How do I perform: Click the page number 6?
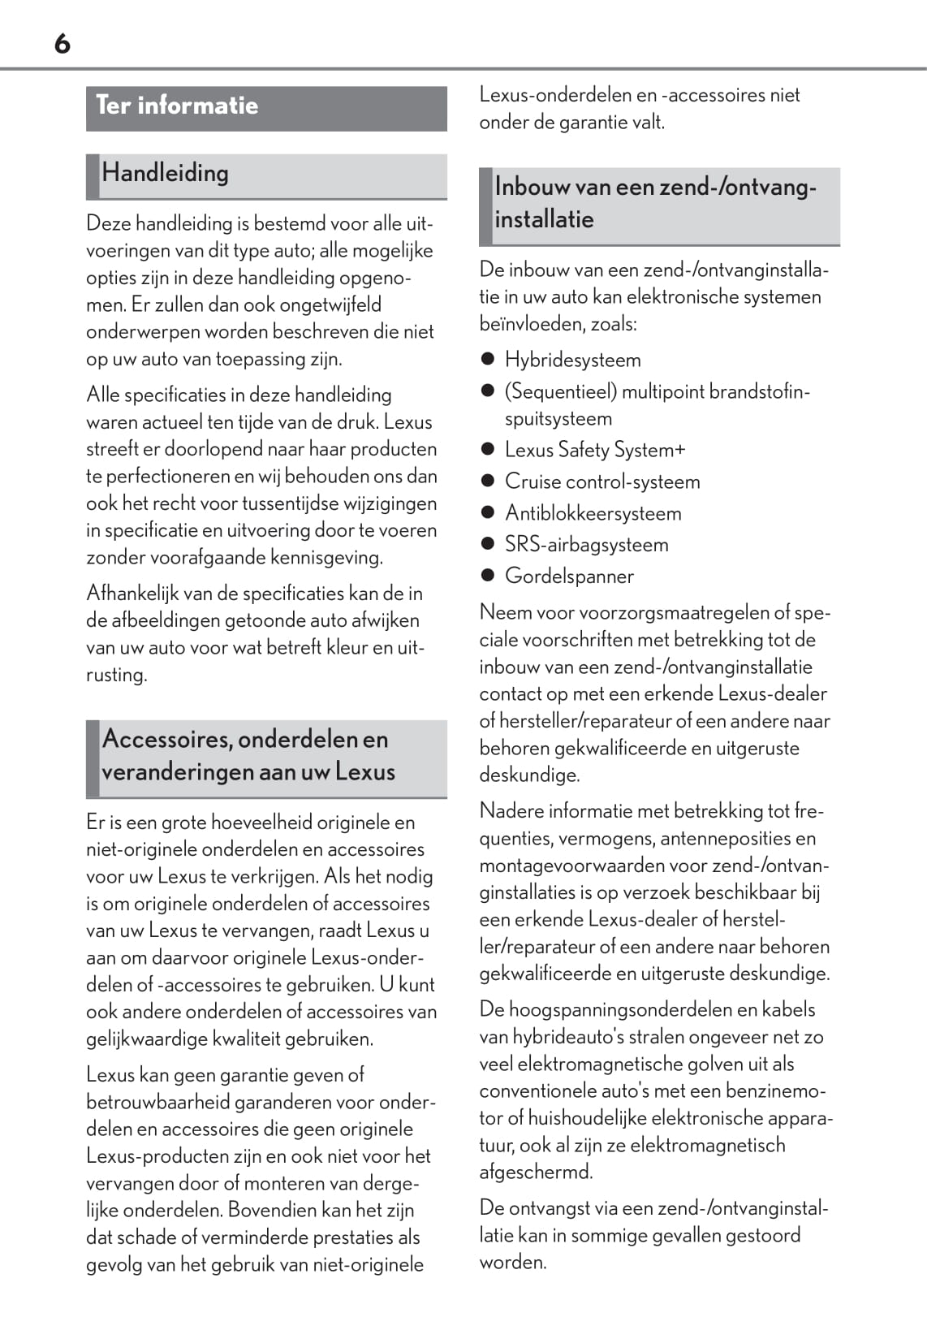coord(63,43)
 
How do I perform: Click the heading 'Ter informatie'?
coord(177,106)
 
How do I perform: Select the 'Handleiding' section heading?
coord(165,173)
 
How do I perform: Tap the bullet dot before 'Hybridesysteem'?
coord(488,360)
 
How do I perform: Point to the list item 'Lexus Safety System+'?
coord(594,450)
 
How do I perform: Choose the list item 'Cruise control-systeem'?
coord(601,481)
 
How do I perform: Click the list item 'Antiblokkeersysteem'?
coord(593,513)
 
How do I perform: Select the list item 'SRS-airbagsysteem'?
coord(586,545)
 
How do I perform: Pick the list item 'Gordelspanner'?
coord(569,576)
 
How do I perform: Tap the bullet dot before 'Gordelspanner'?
coord(488,576)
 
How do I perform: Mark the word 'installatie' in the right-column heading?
coord(544,219)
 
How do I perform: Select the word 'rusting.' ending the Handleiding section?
coord(116,675)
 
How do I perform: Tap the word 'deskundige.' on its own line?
coord(529,775)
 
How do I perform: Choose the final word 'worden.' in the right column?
coord(512,1263)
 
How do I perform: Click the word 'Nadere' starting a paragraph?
coord(511,811)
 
